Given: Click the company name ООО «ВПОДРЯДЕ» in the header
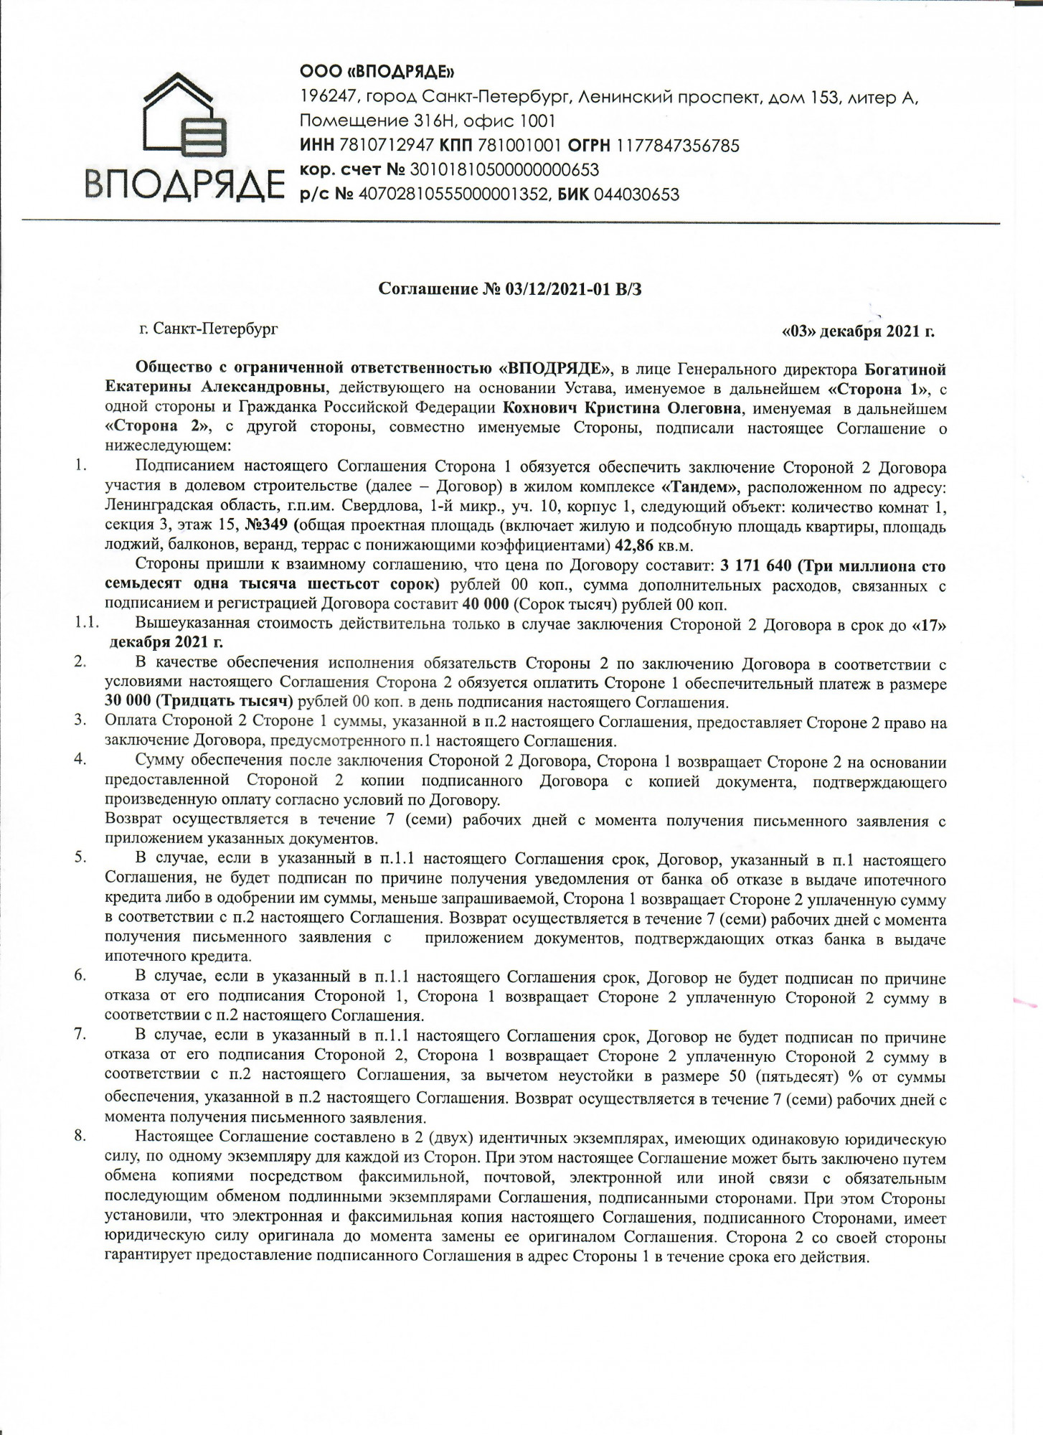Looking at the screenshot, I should tap(377, 72).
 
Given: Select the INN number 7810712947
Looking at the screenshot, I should tap(384, 146).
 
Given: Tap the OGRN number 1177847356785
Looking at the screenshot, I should tap(676, 146).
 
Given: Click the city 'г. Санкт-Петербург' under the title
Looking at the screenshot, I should tap(209, 329).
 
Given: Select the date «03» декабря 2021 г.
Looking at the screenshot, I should tap(858, 331).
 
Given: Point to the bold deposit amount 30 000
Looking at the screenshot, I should tap(127, 701).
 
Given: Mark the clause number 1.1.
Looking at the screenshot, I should tap(86, 623).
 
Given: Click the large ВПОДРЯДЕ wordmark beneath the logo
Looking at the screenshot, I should tap(181, 183).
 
